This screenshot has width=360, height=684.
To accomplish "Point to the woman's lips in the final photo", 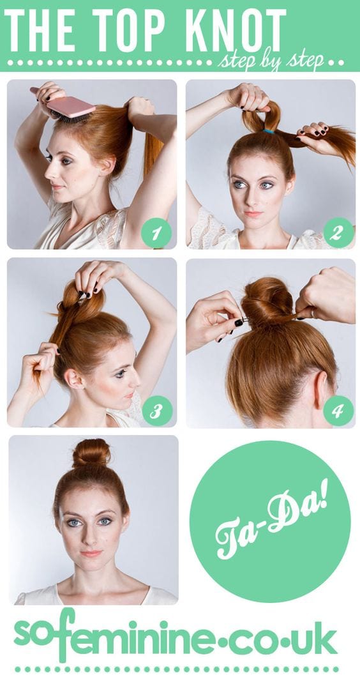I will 91,553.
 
